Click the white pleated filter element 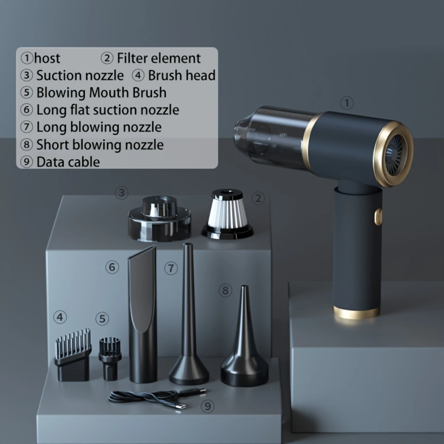[227, 214]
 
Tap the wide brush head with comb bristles [73, 355]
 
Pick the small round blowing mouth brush [110, 359]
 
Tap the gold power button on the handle [378, 217]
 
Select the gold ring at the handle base [357, 313]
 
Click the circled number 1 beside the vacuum [347, 103]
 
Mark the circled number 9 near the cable [207, 406]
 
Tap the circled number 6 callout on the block [112, 267]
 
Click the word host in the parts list [47, 58]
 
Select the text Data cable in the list [68, 162]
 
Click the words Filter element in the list [159, 58]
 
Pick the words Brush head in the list [181, 75]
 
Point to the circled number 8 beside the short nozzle [225, 290]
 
